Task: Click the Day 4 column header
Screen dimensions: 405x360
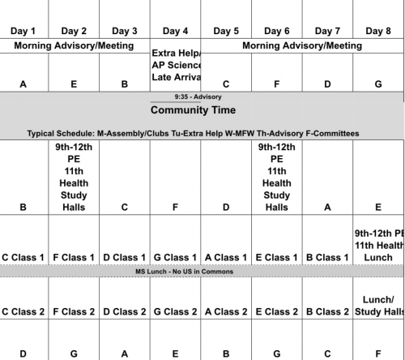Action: click(175, 31)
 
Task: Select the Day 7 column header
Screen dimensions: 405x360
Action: click(328, 31)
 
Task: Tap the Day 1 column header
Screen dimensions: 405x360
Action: click(23, 31)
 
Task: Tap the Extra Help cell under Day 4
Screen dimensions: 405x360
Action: click(176, 65)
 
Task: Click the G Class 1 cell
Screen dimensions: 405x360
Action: click(175, 258)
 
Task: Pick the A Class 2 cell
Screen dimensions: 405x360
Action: click(225, 311)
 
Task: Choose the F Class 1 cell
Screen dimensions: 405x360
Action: click(74, 258)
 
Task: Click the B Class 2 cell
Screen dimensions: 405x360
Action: click(328, 311)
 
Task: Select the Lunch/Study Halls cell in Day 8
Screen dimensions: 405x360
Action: click(377, 305)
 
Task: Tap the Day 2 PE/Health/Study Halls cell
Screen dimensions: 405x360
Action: click(74, 178)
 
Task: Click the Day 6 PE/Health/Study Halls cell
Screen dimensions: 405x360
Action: click(277, 178)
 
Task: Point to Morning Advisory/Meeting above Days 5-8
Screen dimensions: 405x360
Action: click(302, 46)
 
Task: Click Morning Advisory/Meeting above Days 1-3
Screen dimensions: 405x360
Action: click(75, 46)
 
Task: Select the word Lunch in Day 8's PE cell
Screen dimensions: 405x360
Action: click(377, 257)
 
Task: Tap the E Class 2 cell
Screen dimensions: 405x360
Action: click(277, 311)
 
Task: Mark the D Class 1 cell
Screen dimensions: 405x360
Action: click(124, 258)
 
